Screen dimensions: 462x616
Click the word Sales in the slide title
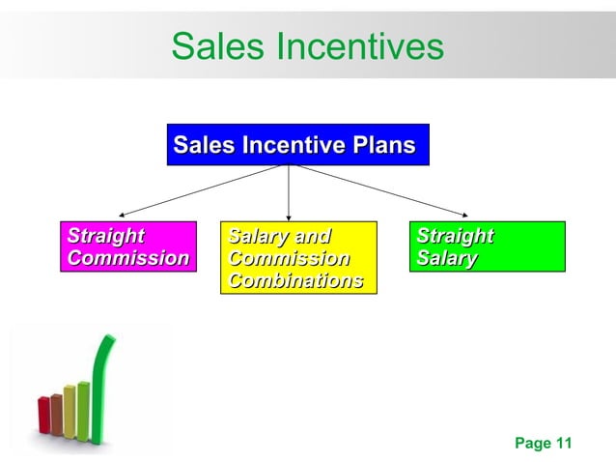(x=215, y=45)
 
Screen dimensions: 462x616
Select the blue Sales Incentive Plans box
(x=297, y=145)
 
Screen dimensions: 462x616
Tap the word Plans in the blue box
(x=383, y=146)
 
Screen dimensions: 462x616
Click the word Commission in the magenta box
(x=128, y=258)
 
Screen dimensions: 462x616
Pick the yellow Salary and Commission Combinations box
(x=297, y=257)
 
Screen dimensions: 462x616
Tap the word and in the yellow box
(x=311, y=236)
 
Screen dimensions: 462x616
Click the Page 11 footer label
(x=544, y=444)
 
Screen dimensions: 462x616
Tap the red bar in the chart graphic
(x=44, y=415)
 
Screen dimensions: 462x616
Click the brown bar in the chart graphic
(x=56, y=413)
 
